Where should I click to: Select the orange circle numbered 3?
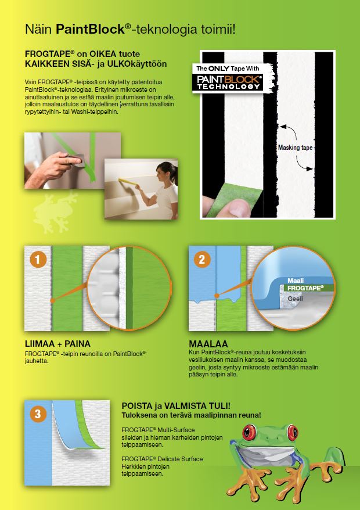pyautogui.click(x=38, y=414)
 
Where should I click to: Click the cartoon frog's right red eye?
pyautogui.click(x=298, y=433)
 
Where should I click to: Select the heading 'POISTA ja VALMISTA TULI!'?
pyautogui.click(x=177, y=405)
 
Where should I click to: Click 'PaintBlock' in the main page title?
pyautogui.click(x=89, y=28)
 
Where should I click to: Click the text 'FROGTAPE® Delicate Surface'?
pyautogui.click(x=162, y=459)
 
